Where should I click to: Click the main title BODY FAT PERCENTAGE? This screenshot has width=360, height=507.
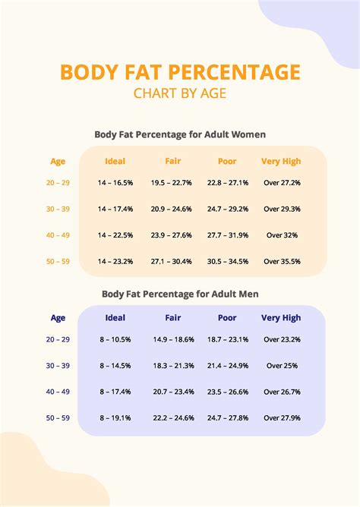click(x=180, y=73)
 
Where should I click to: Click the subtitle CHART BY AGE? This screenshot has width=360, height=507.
click(x=180, y=94)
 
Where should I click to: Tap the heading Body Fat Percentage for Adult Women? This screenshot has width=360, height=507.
click(x=180, y=134)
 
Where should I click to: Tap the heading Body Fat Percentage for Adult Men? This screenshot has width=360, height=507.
click(x=180, y=292)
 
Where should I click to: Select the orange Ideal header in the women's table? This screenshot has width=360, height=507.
click(x=115, y=161)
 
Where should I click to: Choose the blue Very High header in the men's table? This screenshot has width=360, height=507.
click(x=281, y=318)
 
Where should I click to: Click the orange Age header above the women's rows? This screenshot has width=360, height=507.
click(x=58, y=161)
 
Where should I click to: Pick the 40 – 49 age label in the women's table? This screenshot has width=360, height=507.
click(x=58, y=235)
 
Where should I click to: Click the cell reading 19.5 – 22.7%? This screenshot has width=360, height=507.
click(x=172, y=183)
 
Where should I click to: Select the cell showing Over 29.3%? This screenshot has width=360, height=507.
click(x=282, y=209)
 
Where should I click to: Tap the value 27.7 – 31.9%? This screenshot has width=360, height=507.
click(x=227, y=235)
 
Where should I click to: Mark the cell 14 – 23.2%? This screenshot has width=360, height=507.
click(x=115, y=261)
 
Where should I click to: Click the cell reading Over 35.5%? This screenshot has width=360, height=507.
click(x=282, y=261)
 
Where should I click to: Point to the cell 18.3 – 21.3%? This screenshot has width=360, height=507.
click(x=172, y=366)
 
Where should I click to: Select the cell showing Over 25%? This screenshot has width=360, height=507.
click(x=282, y=366)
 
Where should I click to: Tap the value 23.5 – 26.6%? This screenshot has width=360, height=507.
click(x=227, y=392)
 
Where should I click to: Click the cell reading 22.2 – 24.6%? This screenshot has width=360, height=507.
click(x=172, y=417)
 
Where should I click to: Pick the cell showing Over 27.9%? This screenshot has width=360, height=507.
click(x=282, y=417)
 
